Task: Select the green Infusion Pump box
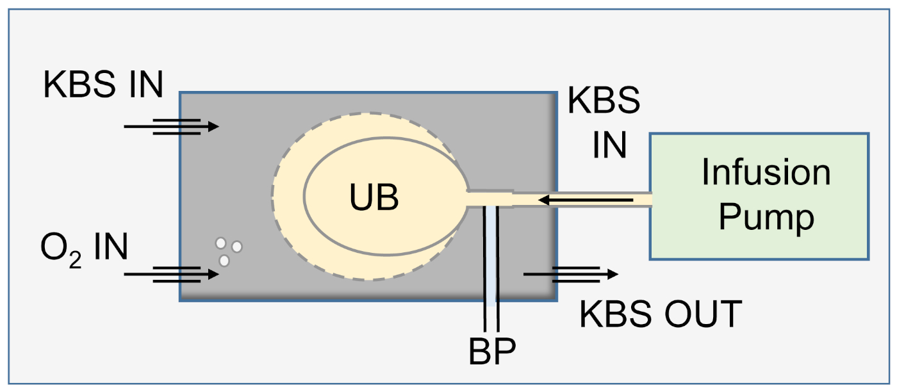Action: pyautogui.click(x=759, y=196)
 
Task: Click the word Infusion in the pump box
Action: pyautogui.click(x=766, y=172)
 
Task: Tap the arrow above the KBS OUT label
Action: pyautogui.click(x=570, y=274)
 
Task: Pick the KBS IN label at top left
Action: pyautogui.click(x=103, y=85)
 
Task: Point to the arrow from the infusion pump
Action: pyautogui.click(x=586, y=200)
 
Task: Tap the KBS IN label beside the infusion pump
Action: pyautogui.click(x=604, y=124)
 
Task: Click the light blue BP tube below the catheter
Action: pyautogui.click(x=491, y=256)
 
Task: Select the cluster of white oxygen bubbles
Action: pyautogui.click(x=228, y=251)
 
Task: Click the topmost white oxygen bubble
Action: pyautogui.click(x=221, y=243)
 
